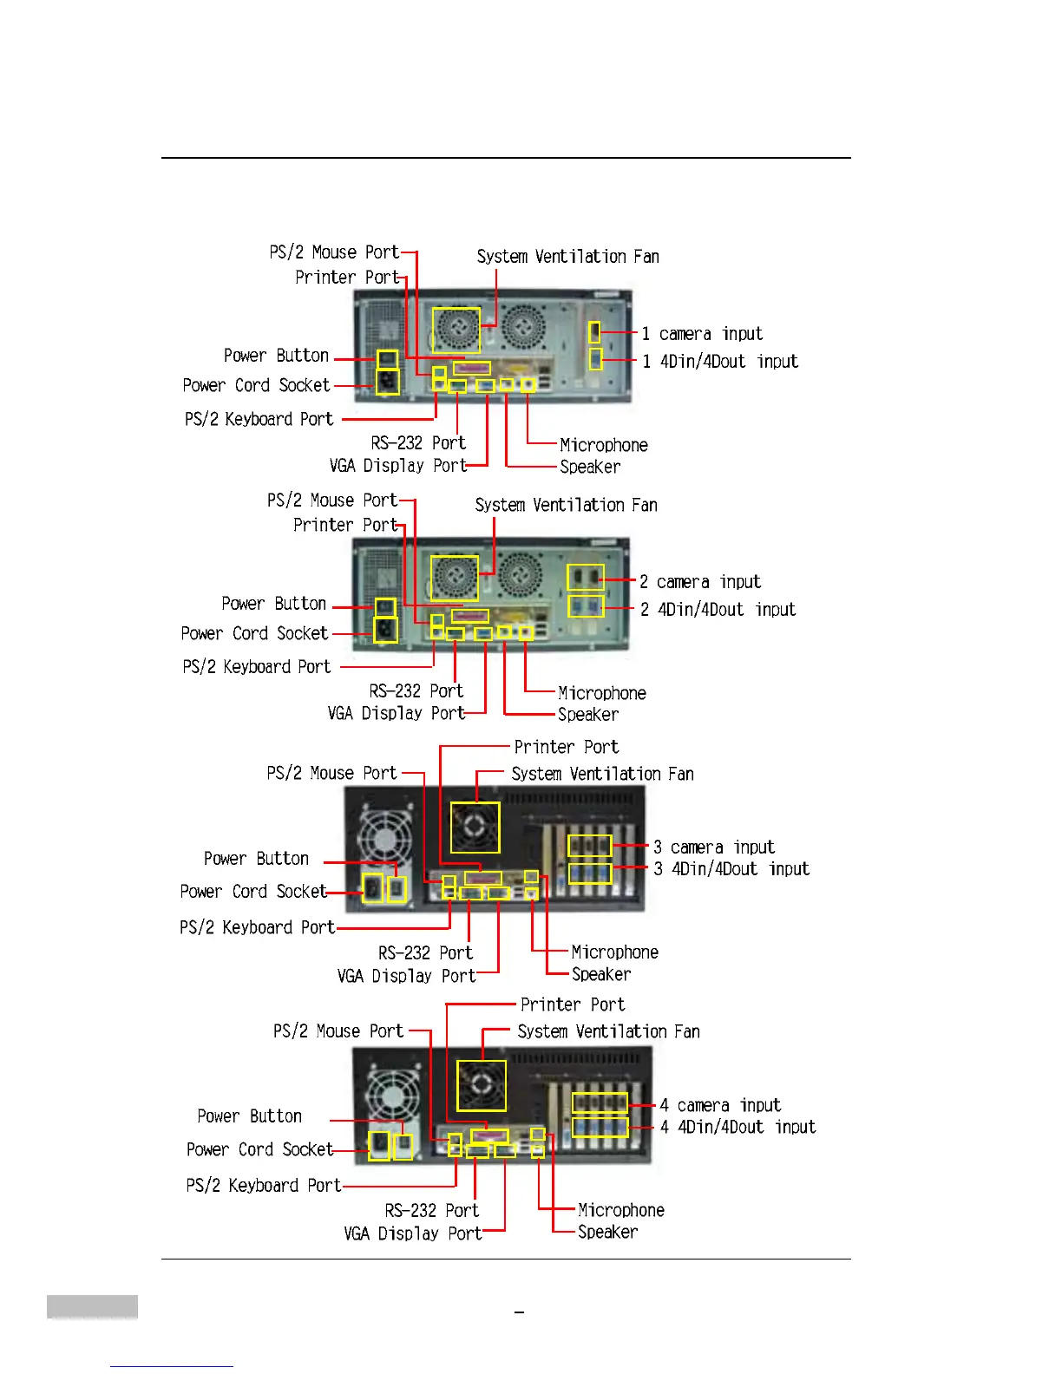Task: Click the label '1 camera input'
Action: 702,334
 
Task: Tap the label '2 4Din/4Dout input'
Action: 718,610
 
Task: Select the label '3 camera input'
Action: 713,847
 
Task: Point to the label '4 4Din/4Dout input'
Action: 737,1127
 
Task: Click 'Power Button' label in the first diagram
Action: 276,356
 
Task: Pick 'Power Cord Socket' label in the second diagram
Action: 254,633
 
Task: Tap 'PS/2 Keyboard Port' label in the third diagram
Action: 257,927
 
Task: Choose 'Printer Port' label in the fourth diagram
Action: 572,1004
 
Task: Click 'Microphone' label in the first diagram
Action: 603,445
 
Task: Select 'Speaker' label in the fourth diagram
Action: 607,1232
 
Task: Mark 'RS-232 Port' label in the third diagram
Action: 425,952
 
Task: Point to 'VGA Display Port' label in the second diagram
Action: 396,713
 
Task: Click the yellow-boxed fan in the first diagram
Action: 456,330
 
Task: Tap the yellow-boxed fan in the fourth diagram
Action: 482,1085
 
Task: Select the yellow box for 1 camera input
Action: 594,332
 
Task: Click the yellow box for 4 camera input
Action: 600,1103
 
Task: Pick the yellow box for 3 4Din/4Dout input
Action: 590,873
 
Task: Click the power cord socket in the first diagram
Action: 387,382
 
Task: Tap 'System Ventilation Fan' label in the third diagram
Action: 602,774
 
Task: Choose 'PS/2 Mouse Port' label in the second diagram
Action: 331,501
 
